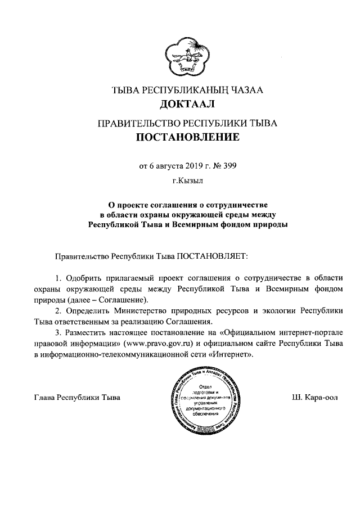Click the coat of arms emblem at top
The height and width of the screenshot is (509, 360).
click(x=181, y=53)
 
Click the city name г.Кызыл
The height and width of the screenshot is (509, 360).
click(x=180, y=181)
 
